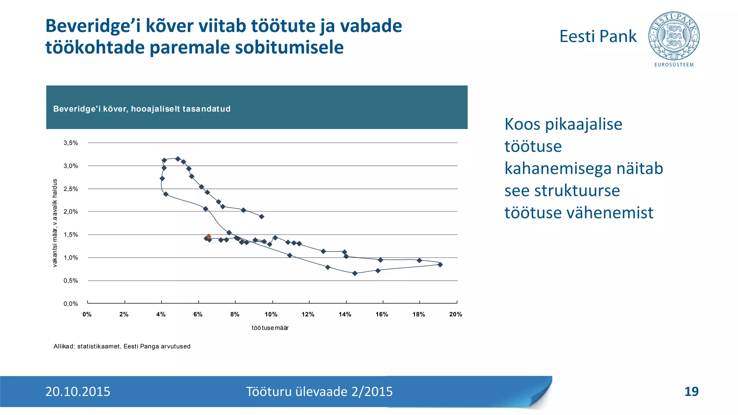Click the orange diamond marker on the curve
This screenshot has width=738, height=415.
pyautogui.click(x=208, y=237)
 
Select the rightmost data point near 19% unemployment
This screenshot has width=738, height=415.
pyautogui.click(x=440, y=264)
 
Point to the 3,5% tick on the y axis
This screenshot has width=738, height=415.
pyautogui.click(x=71, y=143)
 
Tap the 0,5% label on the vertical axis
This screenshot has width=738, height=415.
pyautogui.click(x=71, y=281)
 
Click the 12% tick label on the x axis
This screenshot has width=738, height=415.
pyautogui.click(x=308, y=314)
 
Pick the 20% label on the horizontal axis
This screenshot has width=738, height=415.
pyautogui.click(x=455, y=314)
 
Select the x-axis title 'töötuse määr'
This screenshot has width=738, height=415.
pyautogui.click(x=270, y=328)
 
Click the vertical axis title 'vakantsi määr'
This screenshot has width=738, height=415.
pyautogui.click(x=55, y=223)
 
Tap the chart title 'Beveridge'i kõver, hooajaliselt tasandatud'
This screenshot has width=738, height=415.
pyautogui.click(x=142, y=109)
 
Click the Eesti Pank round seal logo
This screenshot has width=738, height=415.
pyautogui.click(x=674, y=36)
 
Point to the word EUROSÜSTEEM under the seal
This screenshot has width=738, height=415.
pyautogui.click(x=674, y=65)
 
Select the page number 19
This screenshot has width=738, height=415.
pyautogui.click(x=691, y=392)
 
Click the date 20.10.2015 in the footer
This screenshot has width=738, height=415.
pyautogui.click(x=78, y=392)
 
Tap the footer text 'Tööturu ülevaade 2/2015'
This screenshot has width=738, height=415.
pyautogui.click(x=319, y=392)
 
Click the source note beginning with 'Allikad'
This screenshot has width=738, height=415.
pyautogui.click(x=122, y=347)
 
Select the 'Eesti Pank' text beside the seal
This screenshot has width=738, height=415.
pyautogui.click(x=598, y=36)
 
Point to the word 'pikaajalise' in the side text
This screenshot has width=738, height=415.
pyautogui.click(x=584, y=124)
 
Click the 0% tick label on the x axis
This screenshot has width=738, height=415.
pyautogui.click(x=87, y=314)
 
